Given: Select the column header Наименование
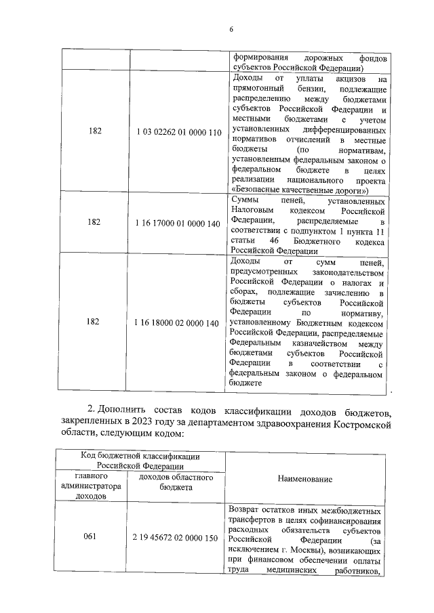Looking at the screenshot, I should click(x=304, y=480).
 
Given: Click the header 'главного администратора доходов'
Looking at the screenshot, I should click(x=90, y=486).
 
